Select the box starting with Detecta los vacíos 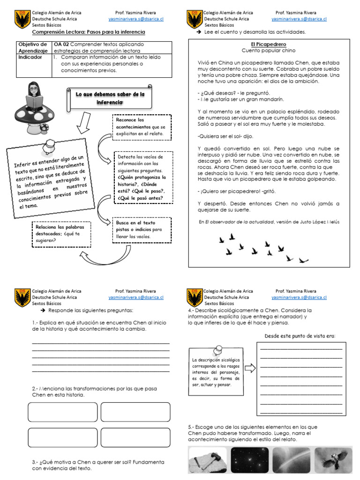point(143,177)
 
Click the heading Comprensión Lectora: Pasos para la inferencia point(89,32)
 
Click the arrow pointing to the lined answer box point(250,368)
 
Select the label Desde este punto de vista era point(300,336)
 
